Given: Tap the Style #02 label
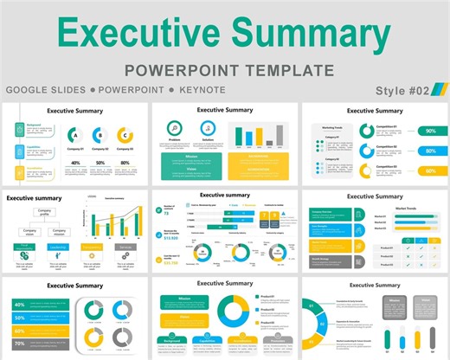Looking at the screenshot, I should click(x=404, y=90).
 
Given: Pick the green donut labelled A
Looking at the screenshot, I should click(x=75, y=135).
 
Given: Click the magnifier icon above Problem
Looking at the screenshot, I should click(x=175, y=128).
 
